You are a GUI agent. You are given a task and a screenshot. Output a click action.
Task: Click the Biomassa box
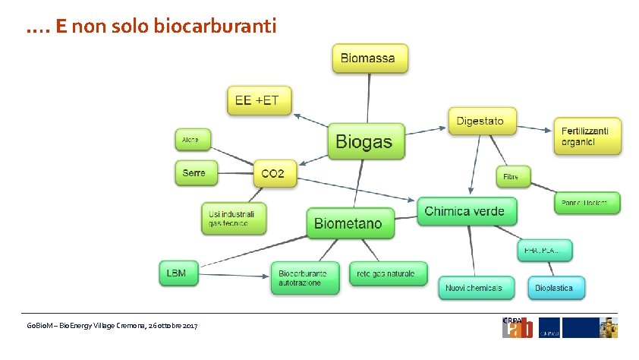[370, 58]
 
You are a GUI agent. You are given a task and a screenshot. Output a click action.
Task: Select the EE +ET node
[260, 100]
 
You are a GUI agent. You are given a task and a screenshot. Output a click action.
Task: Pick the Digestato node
[480, 121]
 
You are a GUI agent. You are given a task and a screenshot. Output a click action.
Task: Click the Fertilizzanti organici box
[586, 136]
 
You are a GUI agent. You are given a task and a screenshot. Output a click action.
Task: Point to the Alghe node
[191, 140]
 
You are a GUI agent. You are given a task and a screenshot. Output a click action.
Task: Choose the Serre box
[195, 173]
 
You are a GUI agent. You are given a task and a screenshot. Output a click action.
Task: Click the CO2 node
[272, 174]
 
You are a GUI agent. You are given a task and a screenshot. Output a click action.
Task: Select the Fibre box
[512, 177]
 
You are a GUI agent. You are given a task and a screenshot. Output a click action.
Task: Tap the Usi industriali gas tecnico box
[234, 218]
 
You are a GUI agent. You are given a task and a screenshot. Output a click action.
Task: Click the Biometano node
[350, 223]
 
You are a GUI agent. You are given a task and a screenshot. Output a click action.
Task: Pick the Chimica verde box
[467, 211]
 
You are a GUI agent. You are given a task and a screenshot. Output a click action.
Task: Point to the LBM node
[178, 273]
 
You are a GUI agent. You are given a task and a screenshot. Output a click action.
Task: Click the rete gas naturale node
[388, 273]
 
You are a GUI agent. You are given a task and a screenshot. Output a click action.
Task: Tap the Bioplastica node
[559, 288]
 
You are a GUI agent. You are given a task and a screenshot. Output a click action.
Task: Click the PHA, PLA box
[544, 250]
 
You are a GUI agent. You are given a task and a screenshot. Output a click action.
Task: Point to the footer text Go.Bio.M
[39, 326]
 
